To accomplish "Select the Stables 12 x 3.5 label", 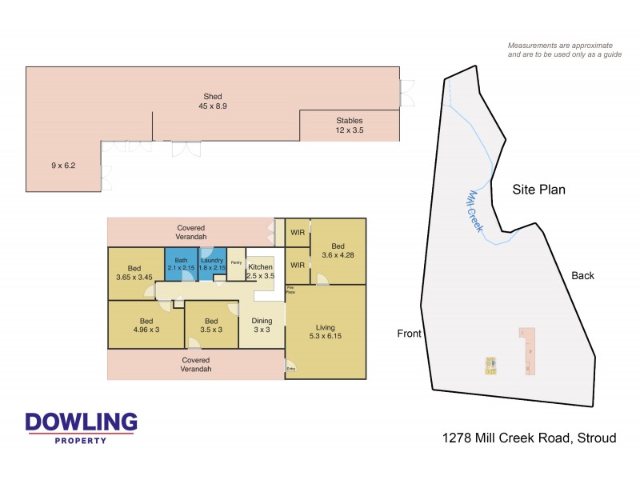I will pyautogui.click(x=349, y=126).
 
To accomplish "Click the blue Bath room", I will pyautogui.click(x=181, y=265).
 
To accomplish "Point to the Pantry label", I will pyautogui.click(x=237, y=262).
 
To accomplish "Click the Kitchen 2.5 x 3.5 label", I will pyautogui.click(x=261, y=271).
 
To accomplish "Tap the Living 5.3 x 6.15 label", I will pyautogui.click(x=325, y=332).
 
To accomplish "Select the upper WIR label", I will pyautogui.click(x=298, y=233).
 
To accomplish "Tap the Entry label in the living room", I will pyautogui.click(x=291, y=369).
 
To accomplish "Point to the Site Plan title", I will pyautogui.click(x=538, y=190).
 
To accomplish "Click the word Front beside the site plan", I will pyautogui.click(x=409, y=334).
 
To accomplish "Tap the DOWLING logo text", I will pyautogui.click(x=81, y=422).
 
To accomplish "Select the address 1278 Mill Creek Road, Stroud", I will pyautogui.click(x=530, y=438).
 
